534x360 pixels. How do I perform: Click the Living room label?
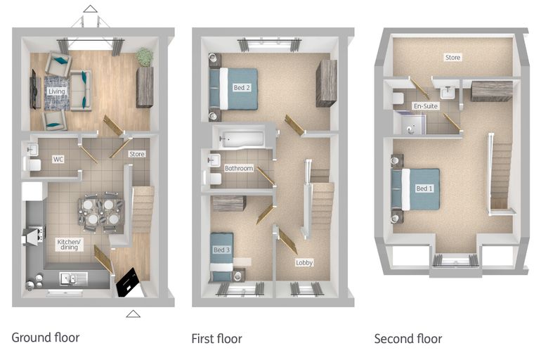[x=56, y=91]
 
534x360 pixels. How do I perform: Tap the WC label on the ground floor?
[x=58, y=159]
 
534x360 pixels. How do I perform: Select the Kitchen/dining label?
[x=69, y=245]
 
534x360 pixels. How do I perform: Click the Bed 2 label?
[x=242, y=88]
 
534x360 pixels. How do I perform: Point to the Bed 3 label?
[x=222, y=250]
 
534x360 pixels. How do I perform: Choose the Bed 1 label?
[x=424, y=188]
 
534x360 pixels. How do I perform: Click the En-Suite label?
[x=426, y=106]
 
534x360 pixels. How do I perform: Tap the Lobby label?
[x=304, y=262]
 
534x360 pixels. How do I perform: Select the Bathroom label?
[x=239, y=168]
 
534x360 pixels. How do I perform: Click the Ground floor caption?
[x=46, y=337]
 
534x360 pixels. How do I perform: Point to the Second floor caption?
[x=408, y=339]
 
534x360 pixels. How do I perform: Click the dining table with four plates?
[x=101, y=212]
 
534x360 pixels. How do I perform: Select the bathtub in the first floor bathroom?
[x=242, y=139]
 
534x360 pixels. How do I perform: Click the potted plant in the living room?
[x=145, y=57]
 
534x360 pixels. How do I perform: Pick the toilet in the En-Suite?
[x=398, y=98]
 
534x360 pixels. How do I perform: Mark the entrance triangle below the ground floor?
[x=133, y=314]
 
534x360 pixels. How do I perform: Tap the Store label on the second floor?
[x=452, y=58]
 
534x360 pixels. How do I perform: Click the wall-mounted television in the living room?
[x=34, y=89]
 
